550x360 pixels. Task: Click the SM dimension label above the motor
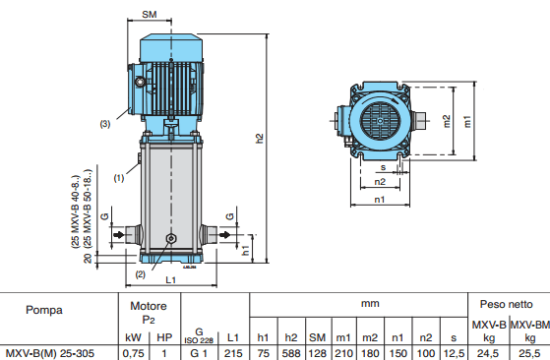click(150, 15)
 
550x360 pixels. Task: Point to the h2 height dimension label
click(259, 138)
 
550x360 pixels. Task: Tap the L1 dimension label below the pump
click(170, 280)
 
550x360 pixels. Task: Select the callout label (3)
click(105, 124)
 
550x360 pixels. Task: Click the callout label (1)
click(118, 178)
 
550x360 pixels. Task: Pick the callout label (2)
click(141, 274)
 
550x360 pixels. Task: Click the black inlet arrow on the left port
click(120, 234)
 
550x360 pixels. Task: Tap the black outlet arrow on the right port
click(225, 234)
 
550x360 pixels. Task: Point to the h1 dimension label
click(246, 250)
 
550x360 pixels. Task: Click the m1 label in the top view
click(467, 121)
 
